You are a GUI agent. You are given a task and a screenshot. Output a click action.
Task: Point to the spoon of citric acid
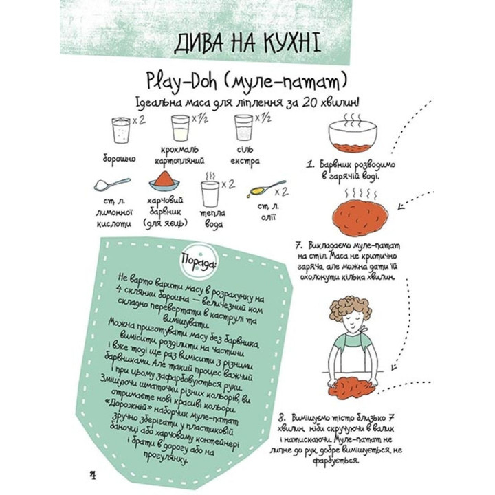pyautogui.click(x=111, y=185)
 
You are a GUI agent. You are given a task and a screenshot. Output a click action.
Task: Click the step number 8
pyautogui.click(x=282, y=417)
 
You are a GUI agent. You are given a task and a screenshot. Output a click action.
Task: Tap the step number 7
pyautogui.click(x=298, y=245)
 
